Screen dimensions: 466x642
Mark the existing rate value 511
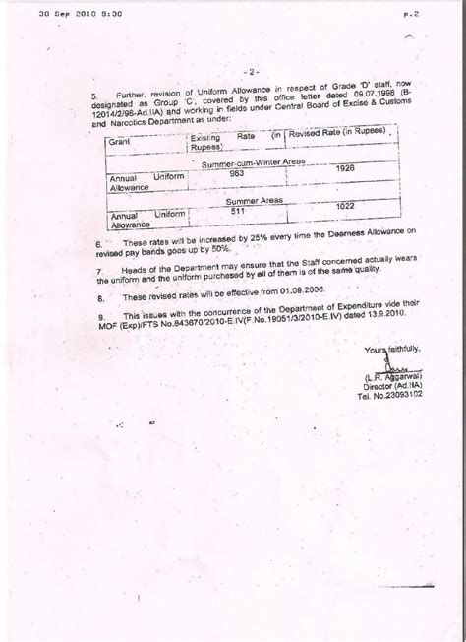(236, 210)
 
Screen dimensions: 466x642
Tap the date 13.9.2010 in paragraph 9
(377, 322)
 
